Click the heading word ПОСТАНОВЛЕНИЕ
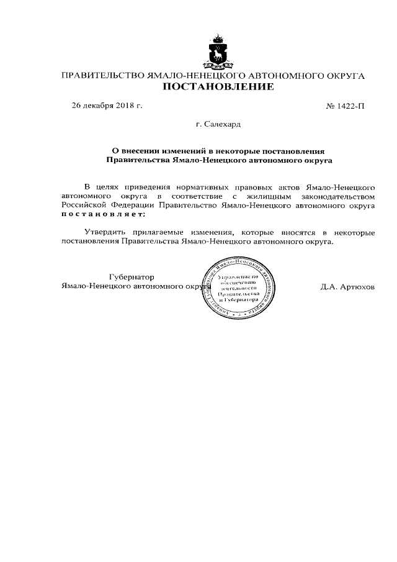pyautogui.click(x=218, y=88)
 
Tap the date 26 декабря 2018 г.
pyautogui.click(x=107, y=106)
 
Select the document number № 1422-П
pyautogui.click(x=346, y=107)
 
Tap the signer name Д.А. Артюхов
pyautogui.click(x=347, y=288)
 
